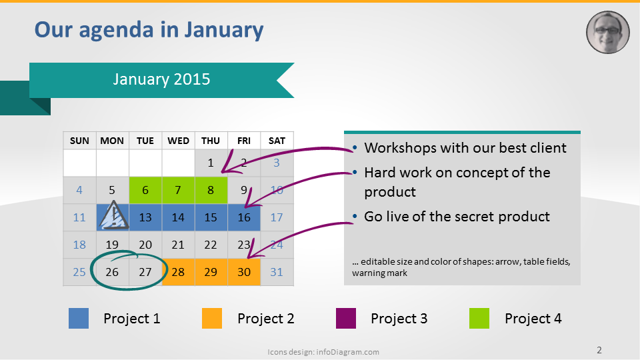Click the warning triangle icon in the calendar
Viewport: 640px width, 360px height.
[113, 215]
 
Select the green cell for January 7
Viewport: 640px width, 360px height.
[178, 190]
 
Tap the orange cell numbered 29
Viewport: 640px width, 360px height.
[211, 272]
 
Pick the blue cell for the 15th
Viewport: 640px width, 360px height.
[211, 217]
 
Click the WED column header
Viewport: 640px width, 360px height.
[179, 141]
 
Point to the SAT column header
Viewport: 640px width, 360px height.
[277, 141]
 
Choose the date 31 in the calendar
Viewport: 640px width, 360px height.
[277, 272]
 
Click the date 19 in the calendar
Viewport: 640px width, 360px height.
[112, 245]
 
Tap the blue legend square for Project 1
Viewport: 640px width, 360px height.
[79, 319]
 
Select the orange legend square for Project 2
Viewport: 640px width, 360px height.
[212, 319]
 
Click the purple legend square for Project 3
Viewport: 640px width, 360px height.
[346, 319]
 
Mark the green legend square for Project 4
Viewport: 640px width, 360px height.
[479, 319]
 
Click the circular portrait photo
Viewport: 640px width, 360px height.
[608, 32]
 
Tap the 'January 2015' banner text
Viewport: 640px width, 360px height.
[161, 79]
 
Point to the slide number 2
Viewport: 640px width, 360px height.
[599, 350]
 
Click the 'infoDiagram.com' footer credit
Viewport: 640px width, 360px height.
[348, 352]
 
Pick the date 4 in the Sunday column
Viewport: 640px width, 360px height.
[79, 190]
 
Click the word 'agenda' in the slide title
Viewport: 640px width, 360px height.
[116, 30]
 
